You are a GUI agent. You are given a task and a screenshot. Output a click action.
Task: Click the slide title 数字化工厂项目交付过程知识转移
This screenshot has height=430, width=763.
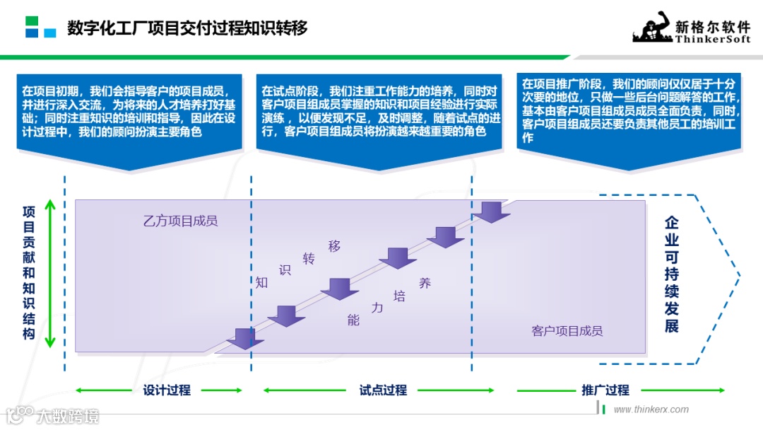pyautogui.click(x=187, y=29)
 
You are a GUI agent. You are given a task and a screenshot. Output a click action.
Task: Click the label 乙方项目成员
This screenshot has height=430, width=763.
pyautogui.click(x=180, y=221)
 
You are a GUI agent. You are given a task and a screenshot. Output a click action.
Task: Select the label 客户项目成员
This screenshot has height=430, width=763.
pyautogui.click(x=567, y=330)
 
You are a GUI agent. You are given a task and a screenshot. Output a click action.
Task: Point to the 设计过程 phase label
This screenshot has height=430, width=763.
pyautogui.click(x=167, y=390)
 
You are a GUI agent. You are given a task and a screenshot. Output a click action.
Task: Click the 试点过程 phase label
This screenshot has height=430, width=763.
pyautogui.click(x=383, y=390)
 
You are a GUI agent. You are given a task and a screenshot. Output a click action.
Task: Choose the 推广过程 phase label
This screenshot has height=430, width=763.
pyautogui.click(x=605, y=390)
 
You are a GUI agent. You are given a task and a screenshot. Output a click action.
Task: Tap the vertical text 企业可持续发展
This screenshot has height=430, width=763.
pyautogui.click(x=672, y=274)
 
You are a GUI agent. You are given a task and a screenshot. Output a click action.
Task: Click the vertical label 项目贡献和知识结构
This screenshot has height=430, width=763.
pyautogui.click(x=29, y=272)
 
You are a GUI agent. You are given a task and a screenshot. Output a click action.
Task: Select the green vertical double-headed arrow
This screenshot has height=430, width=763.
pyautogui.click(x=50, y=274)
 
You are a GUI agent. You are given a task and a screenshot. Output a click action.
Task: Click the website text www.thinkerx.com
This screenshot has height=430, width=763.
pyautogui.click(x=651, y=409)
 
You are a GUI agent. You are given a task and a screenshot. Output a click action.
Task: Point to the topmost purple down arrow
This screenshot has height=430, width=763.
pyautogui.click(x=491, y=211)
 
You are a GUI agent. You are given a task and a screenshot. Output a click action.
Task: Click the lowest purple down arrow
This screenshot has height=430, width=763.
pyautogui.click(x=244, y=338)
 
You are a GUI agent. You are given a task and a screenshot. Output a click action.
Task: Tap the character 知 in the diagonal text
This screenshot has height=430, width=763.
pyautogui.click(x=262, y=282)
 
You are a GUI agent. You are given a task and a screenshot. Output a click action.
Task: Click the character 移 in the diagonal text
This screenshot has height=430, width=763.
pyautogui.click(x=334, y=246)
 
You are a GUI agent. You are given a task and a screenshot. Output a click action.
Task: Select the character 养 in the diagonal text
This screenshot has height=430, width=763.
pyautogui.click(x=425, y=283)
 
